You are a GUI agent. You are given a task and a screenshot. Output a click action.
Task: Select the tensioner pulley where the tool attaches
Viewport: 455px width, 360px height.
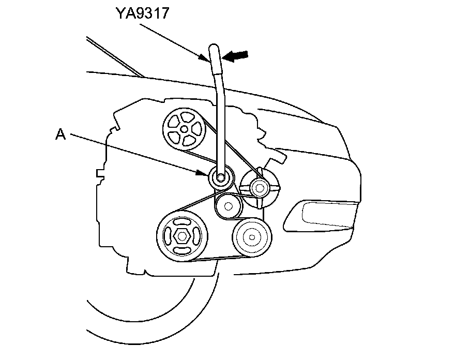221,178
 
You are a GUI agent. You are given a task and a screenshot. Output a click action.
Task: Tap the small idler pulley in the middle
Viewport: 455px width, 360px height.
228,205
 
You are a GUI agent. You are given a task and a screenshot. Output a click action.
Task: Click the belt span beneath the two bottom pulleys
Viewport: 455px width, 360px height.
217,259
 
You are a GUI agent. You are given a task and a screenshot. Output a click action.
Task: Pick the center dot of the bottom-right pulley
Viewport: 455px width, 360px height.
252,237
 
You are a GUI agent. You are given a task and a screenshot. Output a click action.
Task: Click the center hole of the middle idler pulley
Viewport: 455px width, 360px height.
227,206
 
